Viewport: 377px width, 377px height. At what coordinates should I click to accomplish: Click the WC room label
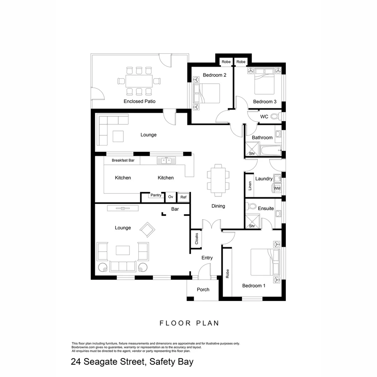(264, 117)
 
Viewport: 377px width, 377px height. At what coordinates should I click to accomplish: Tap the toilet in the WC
(275, 117)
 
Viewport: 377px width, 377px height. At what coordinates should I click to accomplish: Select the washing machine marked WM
(277, 188)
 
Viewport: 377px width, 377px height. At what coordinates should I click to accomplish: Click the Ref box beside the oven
(183, 197)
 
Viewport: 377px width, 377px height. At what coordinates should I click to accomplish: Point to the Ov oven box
(171, 197)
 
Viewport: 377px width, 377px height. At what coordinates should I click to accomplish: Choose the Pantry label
(156, 195)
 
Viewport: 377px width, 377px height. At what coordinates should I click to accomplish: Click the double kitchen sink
(166, 161)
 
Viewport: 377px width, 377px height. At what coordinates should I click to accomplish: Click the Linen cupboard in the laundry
(250, 185)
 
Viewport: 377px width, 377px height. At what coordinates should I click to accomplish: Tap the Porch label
(203, 290)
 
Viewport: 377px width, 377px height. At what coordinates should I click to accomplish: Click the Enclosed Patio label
(139, 101)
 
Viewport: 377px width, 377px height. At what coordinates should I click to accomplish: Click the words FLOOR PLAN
(189, 323)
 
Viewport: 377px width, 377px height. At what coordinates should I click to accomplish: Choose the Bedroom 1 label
(254, 286)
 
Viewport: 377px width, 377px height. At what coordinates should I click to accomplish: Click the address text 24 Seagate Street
(132, 362)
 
